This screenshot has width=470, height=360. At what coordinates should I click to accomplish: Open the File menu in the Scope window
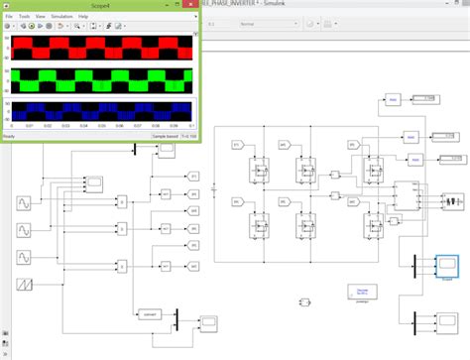coord(8,17)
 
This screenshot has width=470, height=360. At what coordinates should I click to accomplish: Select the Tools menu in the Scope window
coord(24,17)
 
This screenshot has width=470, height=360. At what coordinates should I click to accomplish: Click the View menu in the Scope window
coord(40,17)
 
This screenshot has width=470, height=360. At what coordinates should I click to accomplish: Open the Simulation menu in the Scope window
coord(62,17)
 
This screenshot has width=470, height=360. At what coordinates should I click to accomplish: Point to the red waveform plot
coord(103,49)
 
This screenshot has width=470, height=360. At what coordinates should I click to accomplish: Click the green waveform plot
coord(103,79)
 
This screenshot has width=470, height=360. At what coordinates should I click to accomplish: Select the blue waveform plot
coord(103,110)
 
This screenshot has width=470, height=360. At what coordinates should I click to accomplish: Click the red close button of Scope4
coord(188,6)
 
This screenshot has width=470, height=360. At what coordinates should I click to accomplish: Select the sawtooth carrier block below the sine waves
coord(19,285)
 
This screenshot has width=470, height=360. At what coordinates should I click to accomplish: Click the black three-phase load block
coord(404,196)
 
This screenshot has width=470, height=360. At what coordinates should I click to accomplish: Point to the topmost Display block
coord(423,98)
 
